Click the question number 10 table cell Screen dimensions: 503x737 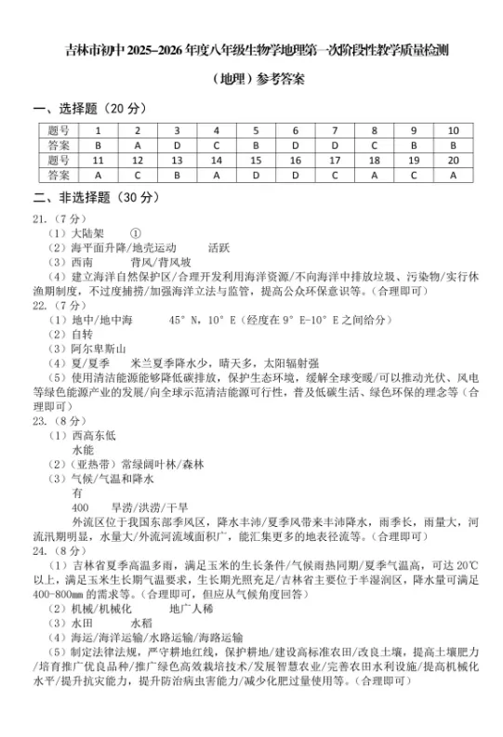(x=453, y=131)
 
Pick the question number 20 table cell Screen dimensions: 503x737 (x=453, y=160)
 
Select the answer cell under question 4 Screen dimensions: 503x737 (x=216, y=146)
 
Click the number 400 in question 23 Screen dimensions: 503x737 (x=80, y=507)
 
